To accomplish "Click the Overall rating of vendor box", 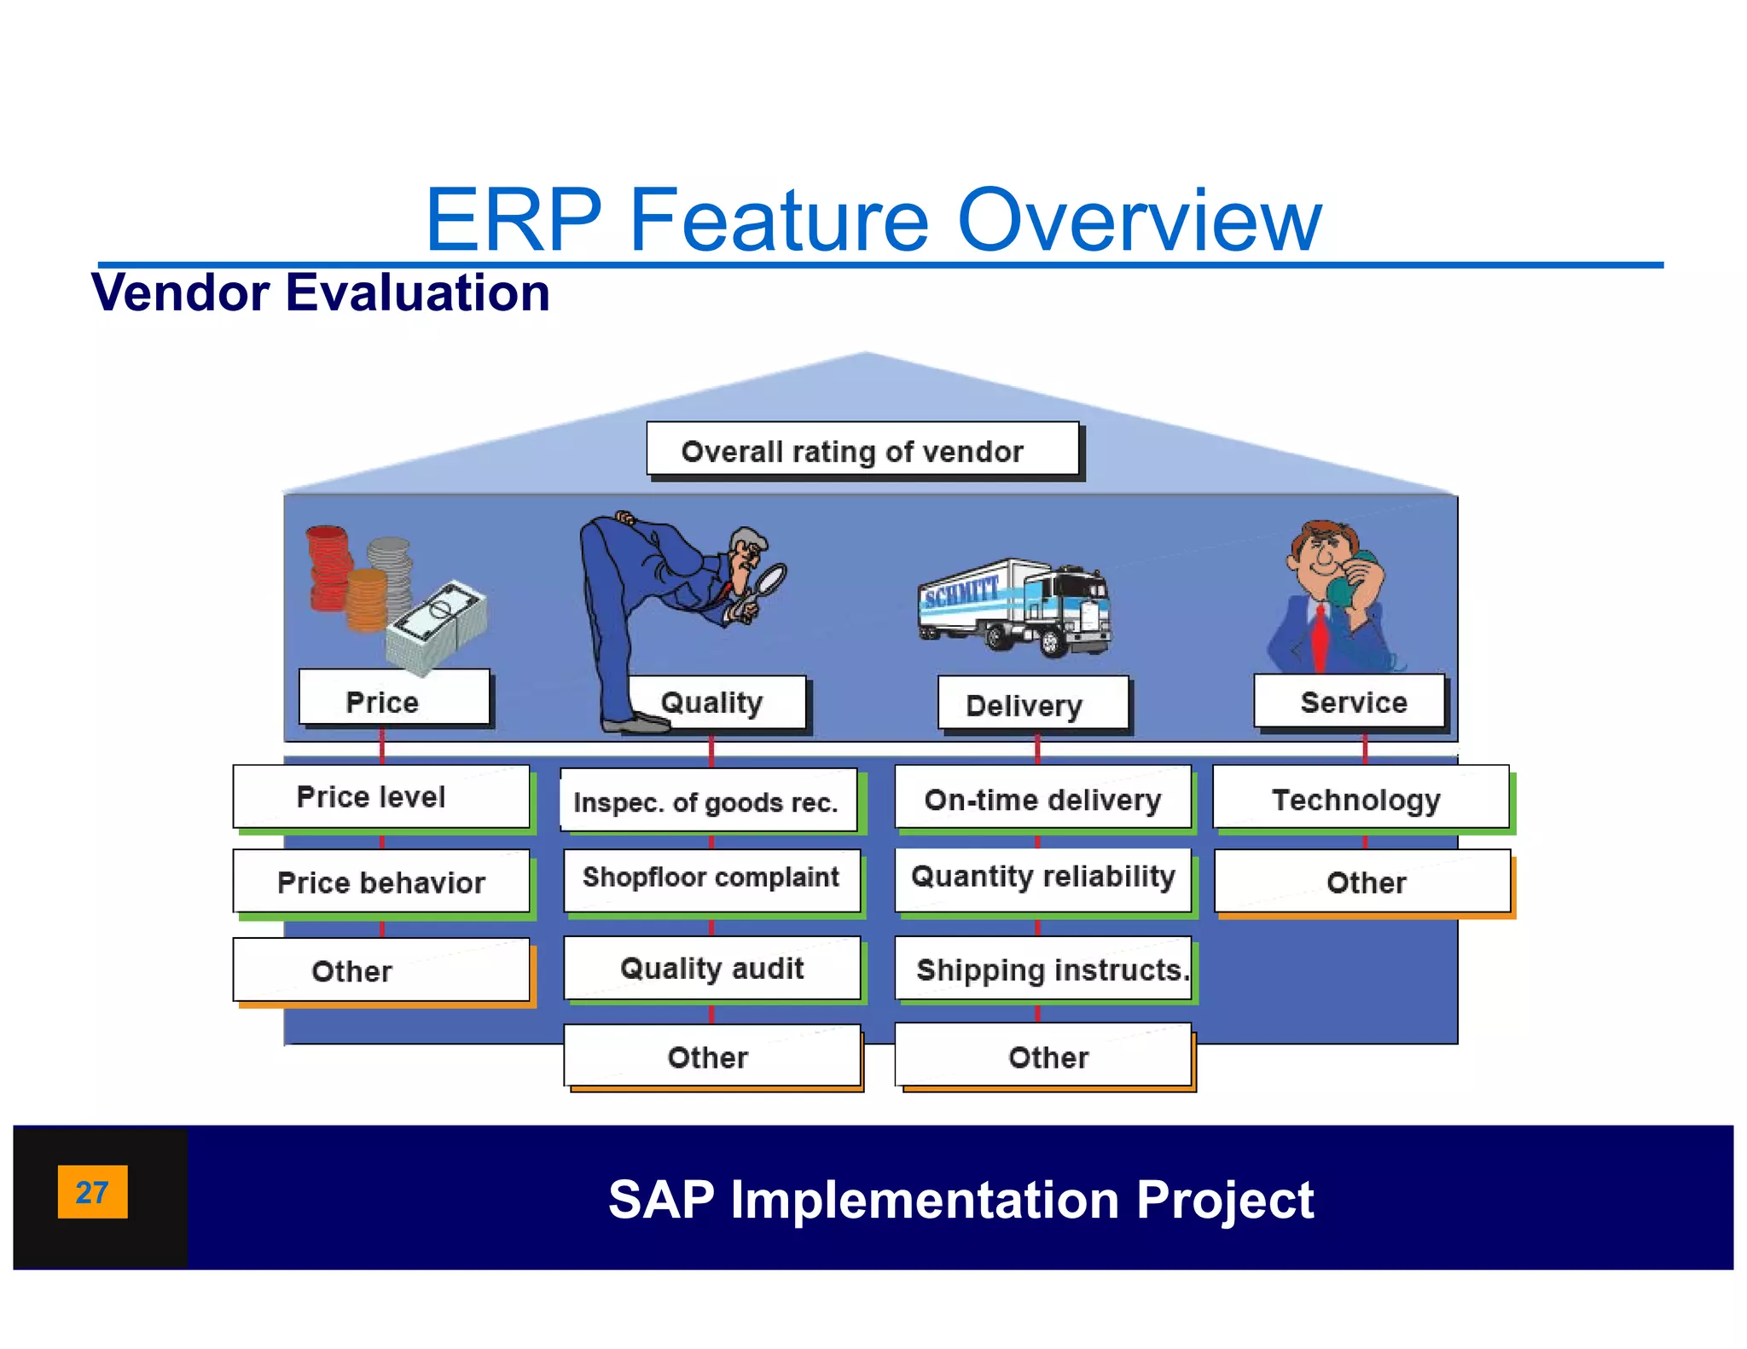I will pos(862,449).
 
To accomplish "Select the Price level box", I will pos(380,796).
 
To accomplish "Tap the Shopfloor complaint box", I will pos(711,878).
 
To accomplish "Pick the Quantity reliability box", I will pos(1042,878).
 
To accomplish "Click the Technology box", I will pos(1360,798).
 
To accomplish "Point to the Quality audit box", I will pos(711,968).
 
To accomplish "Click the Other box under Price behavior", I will pos(380,970).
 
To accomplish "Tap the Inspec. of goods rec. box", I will pos(708,801).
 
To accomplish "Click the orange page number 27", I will pos(92,1191).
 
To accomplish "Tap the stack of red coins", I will pos(328,567).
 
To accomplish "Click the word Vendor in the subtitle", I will pos(180,292).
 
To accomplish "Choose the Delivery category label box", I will pos(1032,703).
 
